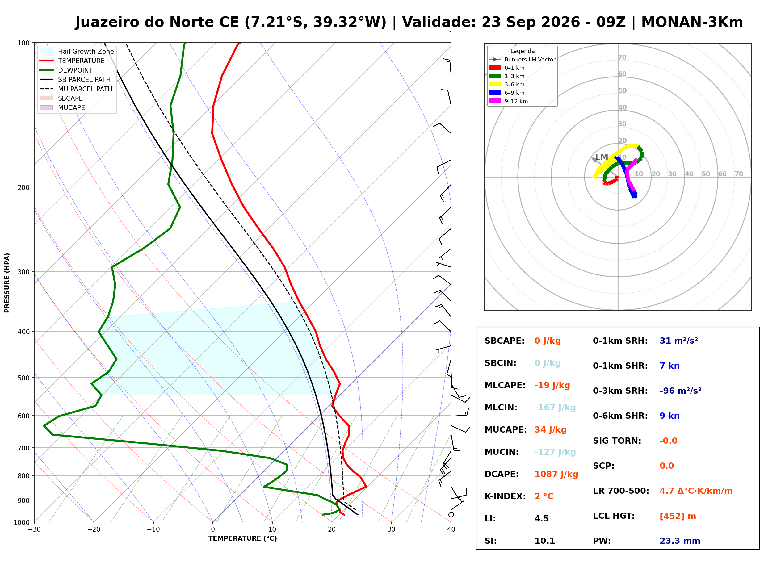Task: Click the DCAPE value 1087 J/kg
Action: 556,474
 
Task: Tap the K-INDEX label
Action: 505,496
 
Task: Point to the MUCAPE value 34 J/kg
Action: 550,430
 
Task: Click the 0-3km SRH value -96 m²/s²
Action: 680,391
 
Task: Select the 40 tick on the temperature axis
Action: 451,530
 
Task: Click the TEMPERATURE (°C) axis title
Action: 242,539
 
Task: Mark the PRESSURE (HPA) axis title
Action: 7,283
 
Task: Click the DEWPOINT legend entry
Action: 67,70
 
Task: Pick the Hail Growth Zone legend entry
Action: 77,51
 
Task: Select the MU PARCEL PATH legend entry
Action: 76,89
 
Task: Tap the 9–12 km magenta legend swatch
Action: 494,101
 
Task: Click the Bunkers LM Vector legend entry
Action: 522,60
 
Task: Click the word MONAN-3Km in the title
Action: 692,22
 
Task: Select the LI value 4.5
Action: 542,519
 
